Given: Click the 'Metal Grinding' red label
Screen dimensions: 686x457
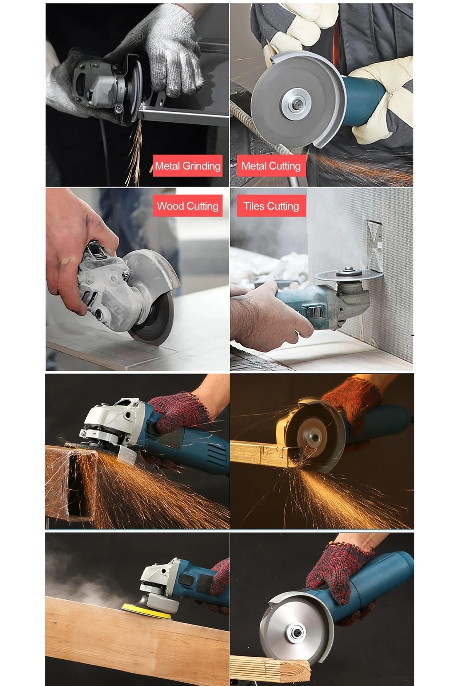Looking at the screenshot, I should coord(187,166).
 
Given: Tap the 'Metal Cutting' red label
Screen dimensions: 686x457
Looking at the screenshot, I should coord(271,166).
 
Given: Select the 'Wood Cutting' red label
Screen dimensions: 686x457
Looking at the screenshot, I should coord(187,206).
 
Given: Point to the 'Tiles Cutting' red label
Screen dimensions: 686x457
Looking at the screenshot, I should coord(271,206).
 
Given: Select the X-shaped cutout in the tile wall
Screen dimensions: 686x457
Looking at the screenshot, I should coord(374,244).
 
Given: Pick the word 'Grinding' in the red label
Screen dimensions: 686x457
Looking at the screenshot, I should coord(201,166).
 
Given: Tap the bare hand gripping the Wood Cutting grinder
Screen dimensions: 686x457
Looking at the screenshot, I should coord(76,248).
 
